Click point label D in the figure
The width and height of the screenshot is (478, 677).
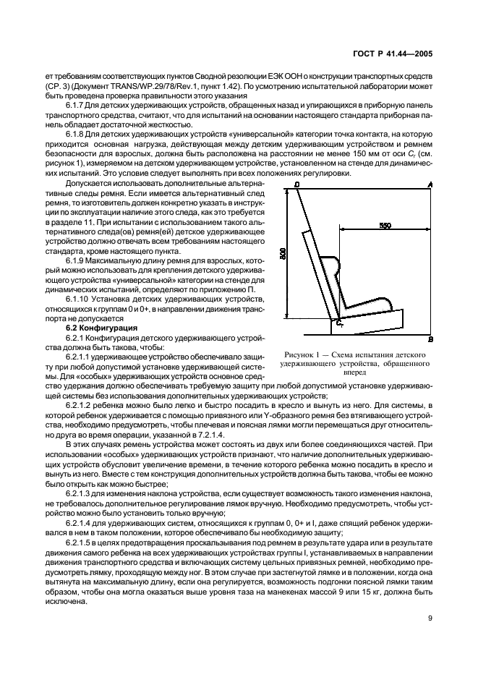click(x=298, y=186)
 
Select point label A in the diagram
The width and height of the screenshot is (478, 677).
click(x=431, y=186)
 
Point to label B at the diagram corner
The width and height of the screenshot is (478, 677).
click(x=431, y=338)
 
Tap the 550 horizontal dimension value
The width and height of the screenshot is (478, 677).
click(x=385, y=226)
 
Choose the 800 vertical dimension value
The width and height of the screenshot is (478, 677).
click(x=284, y=254)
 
